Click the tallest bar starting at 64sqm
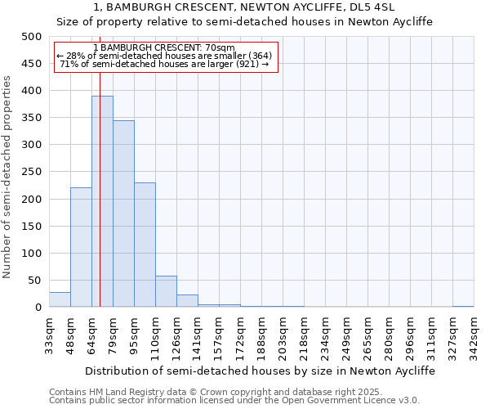102,201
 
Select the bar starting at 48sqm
81,247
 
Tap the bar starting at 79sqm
123,213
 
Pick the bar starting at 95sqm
145,245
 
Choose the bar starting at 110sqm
166,292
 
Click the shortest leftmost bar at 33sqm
60,300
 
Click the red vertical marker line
100,164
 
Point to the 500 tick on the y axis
32,37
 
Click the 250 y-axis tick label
32,173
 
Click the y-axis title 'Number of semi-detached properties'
7,176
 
